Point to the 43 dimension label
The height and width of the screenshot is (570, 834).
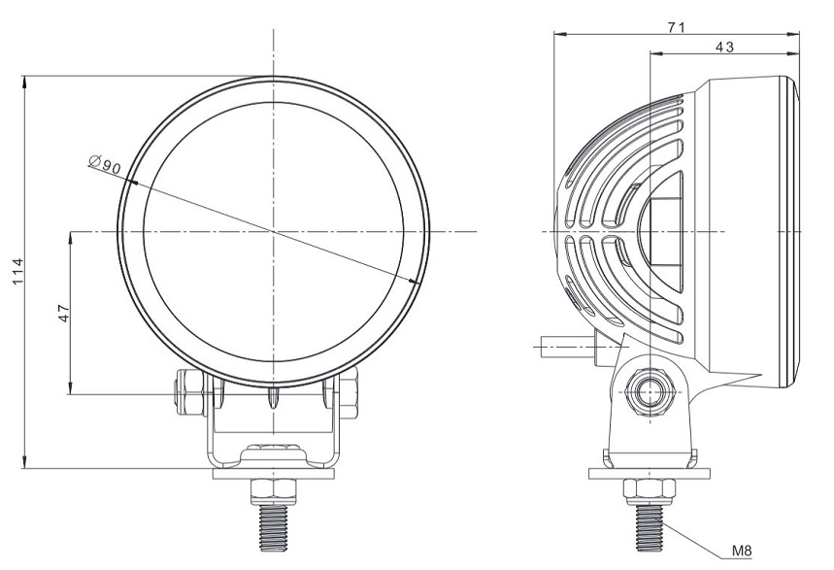click(x=723, y=46)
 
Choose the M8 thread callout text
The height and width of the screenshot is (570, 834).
click(x=741, y=552)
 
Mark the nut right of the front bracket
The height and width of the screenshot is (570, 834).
click(x=350, y=393)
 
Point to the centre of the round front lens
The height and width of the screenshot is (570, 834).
click(x=274, y=232)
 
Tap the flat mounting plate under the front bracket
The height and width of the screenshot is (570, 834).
click(x=274, y=474)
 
